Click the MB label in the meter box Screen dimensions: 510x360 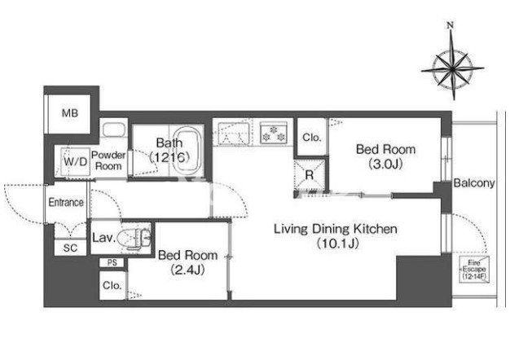tap(70, 113)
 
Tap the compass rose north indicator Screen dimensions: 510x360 tap(451, 25)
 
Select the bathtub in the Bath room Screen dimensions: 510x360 tap(187, 149)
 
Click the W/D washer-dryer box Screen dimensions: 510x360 tap(75, 161)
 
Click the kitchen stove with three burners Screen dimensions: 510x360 tap(274, 133)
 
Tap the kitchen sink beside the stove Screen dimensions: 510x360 tap(234, 133)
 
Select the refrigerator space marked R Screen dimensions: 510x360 tap(310, 175)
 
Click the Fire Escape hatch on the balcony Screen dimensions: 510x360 tap(474, 270)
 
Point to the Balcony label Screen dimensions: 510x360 tap(474, 183)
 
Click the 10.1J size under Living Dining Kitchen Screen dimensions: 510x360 tap(337, 244)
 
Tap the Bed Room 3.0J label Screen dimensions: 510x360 tap(385, 156)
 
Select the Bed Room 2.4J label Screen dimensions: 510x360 tap(187, 262)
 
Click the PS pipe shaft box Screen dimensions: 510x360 tap(112, 262)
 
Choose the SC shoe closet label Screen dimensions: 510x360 tap(70, 248)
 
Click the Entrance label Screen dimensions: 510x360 tap(66, 202)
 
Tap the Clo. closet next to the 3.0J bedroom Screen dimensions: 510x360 tap(311, 137)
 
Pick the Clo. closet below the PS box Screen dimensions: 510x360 tap(112, 285)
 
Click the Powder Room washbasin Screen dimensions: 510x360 tap(114, 130)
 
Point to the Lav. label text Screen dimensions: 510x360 tap(103, 238)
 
